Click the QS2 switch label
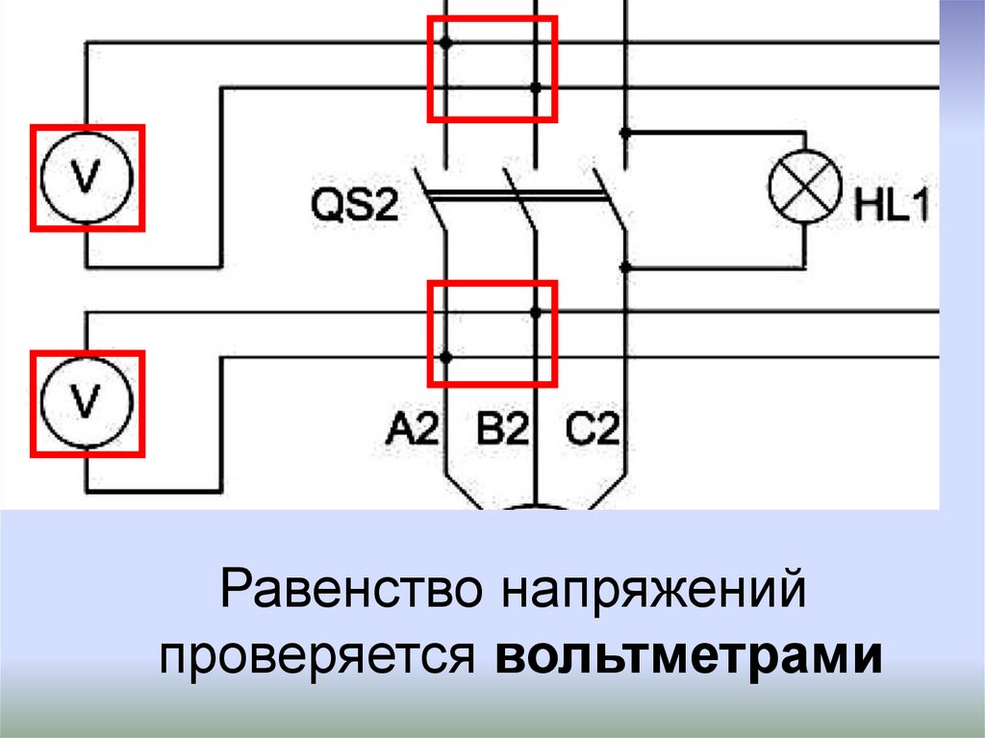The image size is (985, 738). [354, 207]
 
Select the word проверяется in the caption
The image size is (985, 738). [318, 657]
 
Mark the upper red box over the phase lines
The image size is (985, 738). [492, 68]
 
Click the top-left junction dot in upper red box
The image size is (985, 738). [445, 42]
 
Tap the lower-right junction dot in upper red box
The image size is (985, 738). [536, 88]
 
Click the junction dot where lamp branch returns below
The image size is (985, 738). [625, 267]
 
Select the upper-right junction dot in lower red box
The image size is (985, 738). [536, 312]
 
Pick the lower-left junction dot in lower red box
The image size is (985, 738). [445, 357]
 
